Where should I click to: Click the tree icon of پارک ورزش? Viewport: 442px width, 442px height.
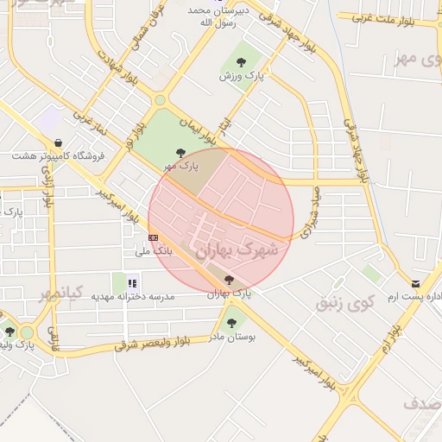tap(240, 61)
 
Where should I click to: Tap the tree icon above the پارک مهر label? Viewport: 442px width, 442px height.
tap(180, 153)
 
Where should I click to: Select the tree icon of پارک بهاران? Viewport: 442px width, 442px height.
tap(229, 280)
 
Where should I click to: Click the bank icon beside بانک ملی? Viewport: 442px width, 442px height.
tap(154, 237)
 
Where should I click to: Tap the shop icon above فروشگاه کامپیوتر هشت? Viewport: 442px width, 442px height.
tap(57, 142)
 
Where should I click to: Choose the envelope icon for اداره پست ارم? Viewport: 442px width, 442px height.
tap(416, 284)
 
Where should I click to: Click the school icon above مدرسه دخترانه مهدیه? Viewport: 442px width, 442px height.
tap(132, 282)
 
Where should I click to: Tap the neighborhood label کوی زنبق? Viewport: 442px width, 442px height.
tap(345, 303)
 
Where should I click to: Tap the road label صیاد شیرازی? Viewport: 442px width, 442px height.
tap(312, 212)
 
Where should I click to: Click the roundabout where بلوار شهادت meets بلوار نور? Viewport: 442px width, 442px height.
tap(159, 100)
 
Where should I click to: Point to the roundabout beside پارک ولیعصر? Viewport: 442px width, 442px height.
tap(27, 332)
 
